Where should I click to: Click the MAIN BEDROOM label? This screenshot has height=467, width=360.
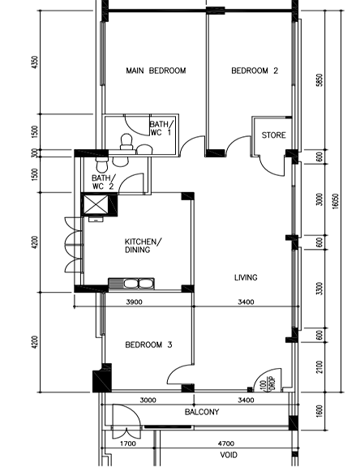156,71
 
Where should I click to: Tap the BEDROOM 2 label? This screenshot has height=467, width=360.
255,71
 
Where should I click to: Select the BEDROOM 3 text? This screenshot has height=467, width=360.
148,345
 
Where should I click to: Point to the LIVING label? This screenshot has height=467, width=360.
246,278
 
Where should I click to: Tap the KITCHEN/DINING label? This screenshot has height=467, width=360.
143,246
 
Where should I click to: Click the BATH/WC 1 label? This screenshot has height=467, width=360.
160,128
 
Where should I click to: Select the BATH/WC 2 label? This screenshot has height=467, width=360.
103,182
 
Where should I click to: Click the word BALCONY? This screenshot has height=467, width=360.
201,413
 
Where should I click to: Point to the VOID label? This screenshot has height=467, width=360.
229,456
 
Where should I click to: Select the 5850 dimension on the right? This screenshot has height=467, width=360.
319,80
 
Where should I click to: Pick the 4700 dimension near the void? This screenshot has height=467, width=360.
225,444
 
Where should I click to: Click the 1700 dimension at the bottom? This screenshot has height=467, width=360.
127,444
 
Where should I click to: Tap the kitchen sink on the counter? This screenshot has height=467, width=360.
131,283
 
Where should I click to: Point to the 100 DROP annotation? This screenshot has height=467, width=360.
264,384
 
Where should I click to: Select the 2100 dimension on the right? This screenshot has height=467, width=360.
319,367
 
